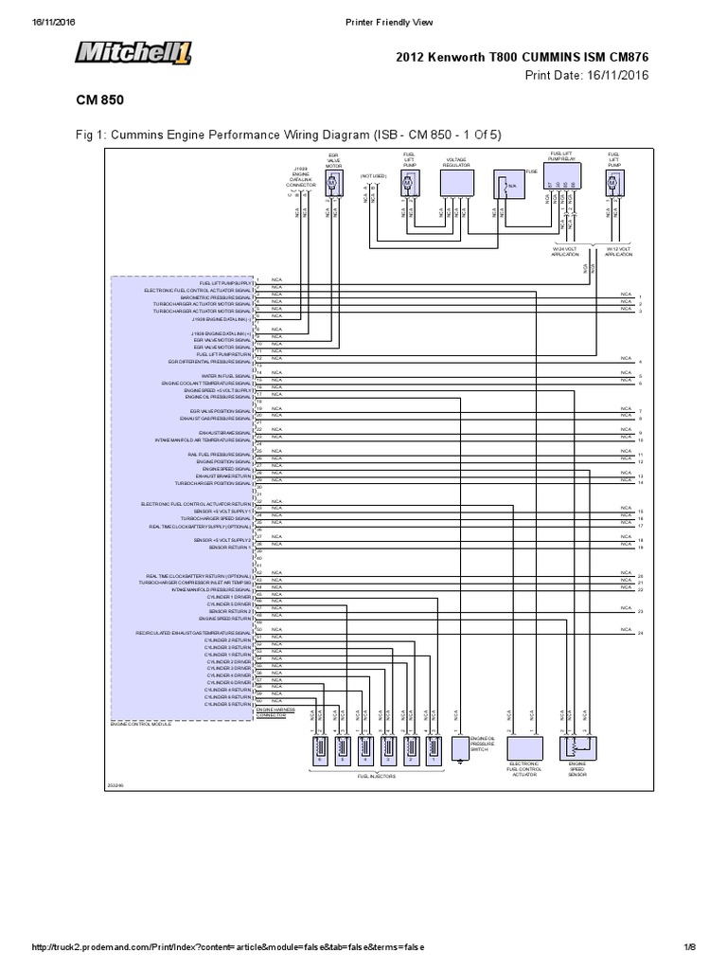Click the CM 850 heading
[99, 99]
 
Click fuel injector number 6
[320, 752]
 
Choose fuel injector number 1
[433, 752]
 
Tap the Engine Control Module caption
[141, 724]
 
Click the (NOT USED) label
[373, 175]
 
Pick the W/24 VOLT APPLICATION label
[565, 252]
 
